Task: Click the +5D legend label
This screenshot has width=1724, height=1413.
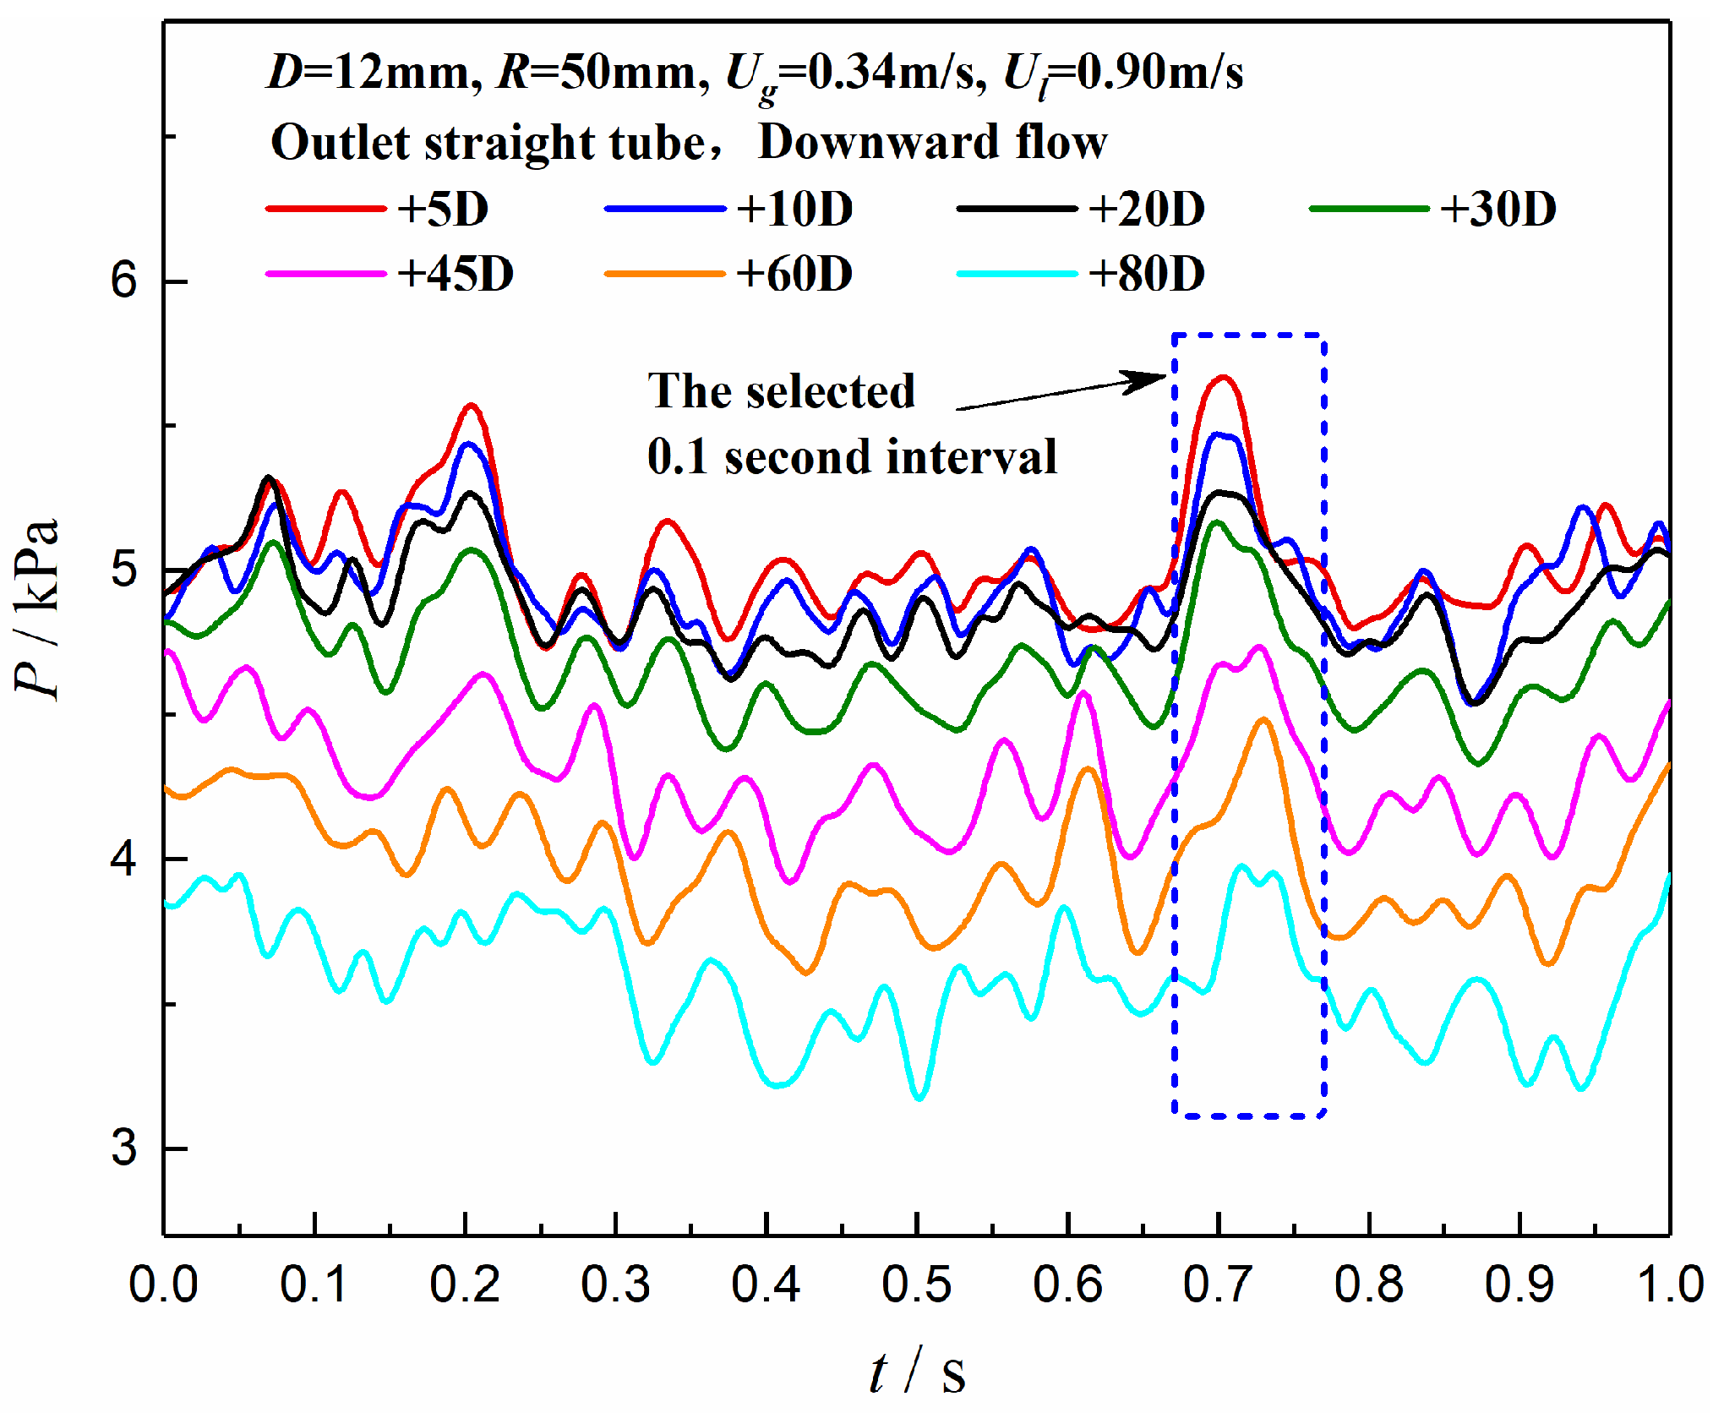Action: pos(443,209)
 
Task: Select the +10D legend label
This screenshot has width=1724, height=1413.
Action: pos(794,209)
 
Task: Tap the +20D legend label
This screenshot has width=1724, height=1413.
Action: pos(1146,209)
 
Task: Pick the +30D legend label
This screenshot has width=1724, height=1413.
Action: pos(1498,209)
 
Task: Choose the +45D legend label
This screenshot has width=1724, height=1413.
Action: pos(456,274)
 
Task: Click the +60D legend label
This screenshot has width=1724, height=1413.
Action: pos(794,274)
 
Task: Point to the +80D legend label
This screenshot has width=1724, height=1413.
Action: pos(1146,274)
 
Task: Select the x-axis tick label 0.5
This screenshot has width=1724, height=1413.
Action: pos(917,1285)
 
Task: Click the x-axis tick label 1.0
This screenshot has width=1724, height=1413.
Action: pos(1669,1285)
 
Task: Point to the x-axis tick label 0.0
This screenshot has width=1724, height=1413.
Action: pos(163,1285)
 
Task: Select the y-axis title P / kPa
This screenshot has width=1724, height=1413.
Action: pos(38,608)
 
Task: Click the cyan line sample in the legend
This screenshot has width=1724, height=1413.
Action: pos(1017,274)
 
